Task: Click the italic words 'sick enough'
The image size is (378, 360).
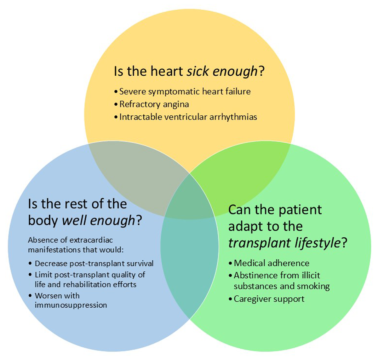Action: (222, 72)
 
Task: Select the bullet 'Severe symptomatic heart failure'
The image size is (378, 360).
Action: (185, 92)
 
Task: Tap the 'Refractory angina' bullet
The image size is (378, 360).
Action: (154, 104)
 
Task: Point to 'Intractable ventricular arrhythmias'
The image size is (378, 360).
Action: (188, 117)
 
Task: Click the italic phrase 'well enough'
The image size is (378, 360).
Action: (99, 220)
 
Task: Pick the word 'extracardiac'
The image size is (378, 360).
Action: (91, 240)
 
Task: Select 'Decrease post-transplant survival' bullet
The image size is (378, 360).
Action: (94, 263)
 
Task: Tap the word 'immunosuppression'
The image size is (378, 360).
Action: (71, 305)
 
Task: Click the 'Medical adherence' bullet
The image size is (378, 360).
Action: (272, 263)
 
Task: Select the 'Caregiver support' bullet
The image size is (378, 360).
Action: (269, 299)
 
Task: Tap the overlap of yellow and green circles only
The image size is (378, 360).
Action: (239, 177)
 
